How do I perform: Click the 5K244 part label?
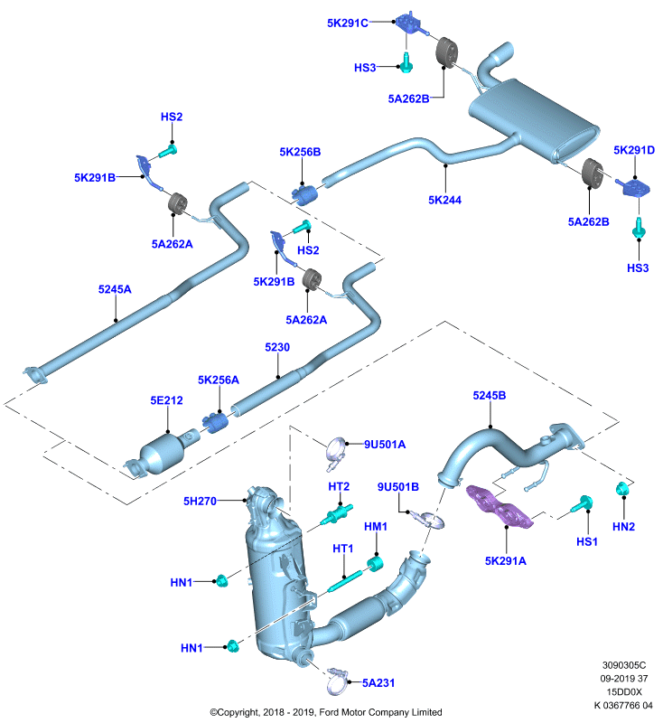point(444,200)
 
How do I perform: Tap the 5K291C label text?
point(348,23)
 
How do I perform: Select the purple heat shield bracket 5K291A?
point(500,506)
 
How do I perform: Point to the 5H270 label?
point(200,501)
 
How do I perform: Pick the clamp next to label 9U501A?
point(336,453)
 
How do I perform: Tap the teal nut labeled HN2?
point(622,489)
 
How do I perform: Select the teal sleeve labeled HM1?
point(375,563)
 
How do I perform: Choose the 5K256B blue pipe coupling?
point(304,194)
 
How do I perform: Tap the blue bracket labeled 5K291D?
point(635,187)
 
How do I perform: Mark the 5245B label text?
point(490,395)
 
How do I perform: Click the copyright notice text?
point(326,712)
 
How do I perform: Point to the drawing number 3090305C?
point(624,665)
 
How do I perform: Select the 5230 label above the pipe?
point(277,347)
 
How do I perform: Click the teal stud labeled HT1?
point(345,581)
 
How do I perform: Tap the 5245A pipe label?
point(115,289)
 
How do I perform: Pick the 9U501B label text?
point(398,486)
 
